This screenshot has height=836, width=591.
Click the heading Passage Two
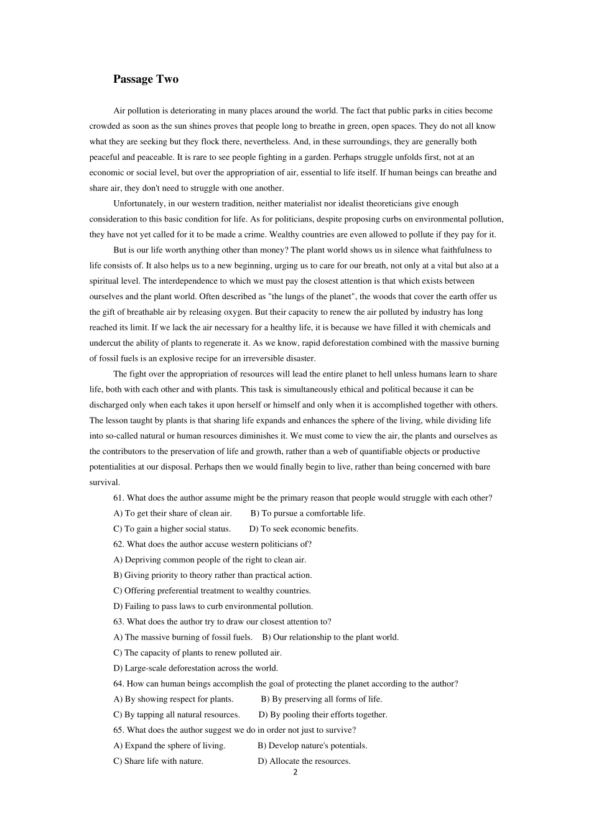point(146,79)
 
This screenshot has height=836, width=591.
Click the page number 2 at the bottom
point(295,773)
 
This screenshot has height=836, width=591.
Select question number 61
point(119,498)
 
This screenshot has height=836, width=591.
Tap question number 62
point(119,544)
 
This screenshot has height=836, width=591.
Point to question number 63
point(119,621)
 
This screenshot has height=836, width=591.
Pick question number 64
point(119,684)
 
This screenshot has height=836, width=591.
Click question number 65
point(119,730)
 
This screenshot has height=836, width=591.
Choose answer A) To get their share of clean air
point(172,513)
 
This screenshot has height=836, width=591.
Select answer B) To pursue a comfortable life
point(307,513)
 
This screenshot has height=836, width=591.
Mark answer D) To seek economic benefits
point(304,529)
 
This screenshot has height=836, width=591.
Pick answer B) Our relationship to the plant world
point(330,637)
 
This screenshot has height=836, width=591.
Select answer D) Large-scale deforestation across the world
point(195,668)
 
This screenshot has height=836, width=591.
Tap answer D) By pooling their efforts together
point(323,715)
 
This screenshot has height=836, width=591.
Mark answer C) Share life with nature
point(158,761)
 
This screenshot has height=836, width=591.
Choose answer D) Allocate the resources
point(304,761)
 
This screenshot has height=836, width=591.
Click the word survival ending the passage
point(104,482)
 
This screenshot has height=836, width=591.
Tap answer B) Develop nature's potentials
point(312,746)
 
